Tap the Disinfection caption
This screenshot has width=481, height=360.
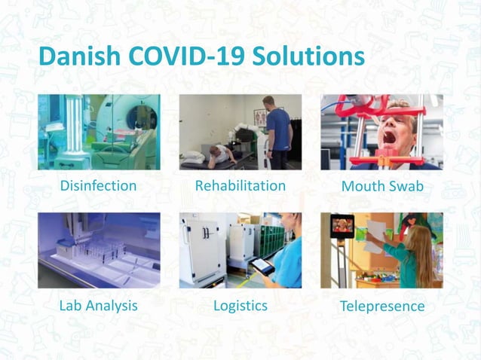tap(98, 185)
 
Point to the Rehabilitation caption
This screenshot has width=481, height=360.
tap(239, 185)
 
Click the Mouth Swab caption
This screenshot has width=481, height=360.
tap(382, 186)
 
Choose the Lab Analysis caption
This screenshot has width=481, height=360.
tap(98, 306)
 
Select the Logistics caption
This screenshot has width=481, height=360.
tap(240, 306)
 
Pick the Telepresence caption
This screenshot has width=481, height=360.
tap(382, 307)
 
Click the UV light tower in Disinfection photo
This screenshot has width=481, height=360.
tap(73, 132)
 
